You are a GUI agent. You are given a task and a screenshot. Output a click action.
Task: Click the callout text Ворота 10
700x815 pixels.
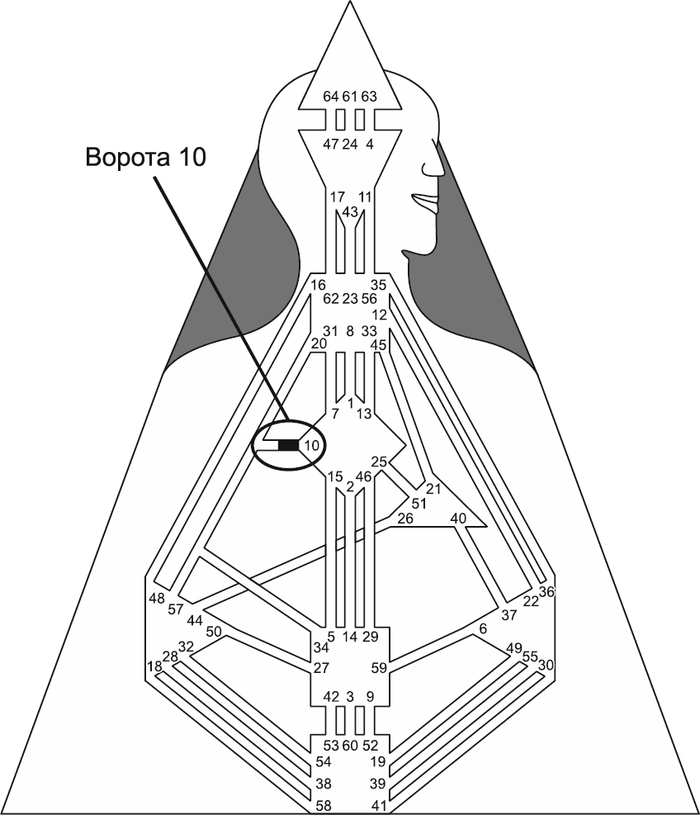pyautogui.click(x=145, y=158)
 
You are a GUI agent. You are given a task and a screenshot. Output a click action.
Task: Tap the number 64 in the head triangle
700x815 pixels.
pyautogui.click(x=331, y=97)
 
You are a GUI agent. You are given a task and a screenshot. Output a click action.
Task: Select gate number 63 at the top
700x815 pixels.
pyautogui.click(x=369, y=97)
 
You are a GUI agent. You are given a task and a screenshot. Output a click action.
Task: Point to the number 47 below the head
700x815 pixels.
pyautogui.click(x=331, y=144)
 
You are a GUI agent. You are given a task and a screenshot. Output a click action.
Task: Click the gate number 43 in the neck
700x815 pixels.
pyautogui.click(x=349, y=212)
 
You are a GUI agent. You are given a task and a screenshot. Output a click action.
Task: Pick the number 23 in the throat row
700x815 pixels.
pyautogui.click(x=349, y=299)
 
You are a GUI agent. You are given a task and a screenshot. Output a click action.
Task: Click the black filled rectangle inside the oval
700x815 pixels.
pyautogui.click(x=289, y=446)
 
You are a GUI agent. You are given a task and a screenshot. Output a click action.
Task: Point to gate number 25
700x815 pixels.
pyautogui.click(x=379, y=462)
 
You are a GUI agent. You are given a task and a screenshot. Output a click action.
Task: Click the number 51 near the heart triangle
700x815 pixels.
pyautogui.click(x=419, y=504)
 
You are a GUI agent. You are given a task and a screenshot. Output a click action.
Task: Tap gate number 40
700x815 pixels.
pyautogui.click(x=458, y=519)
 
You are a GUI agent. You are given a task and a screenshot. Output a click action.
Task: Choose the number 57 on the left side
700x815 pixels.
pyautogui.click(x=175, y=609)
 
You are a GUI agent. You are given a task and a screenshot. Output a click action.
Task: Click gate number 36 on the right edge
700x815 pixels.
pyautogui.click(x=546, y=591)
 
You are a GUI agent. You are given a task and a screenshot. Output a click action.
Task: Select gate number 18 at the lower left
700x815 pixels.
pyautogui.click(x=154, y=666)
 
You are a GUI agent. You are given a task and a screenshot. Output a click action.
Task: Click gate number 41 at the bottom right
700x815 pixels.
pyautogui.click(x=379, y=803)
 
